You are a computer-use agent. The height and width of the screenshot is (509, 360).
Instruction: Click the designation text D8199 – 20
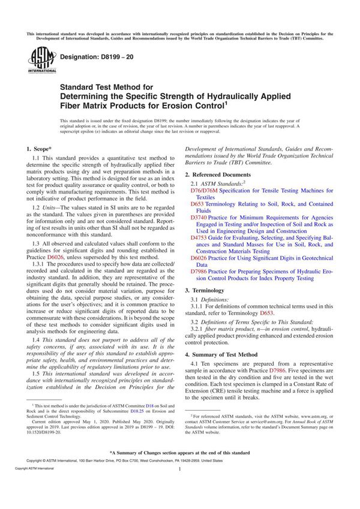[91, 56]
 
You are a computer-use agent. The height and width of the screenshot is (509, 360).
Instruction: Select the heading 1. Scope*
[39, 147]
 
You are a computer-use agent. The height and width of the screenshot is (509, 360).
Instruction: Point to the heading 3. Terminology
[209, 290]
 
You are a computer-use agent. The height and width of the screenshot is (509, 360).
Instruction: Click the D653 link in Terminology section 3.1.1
[267, 312]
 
